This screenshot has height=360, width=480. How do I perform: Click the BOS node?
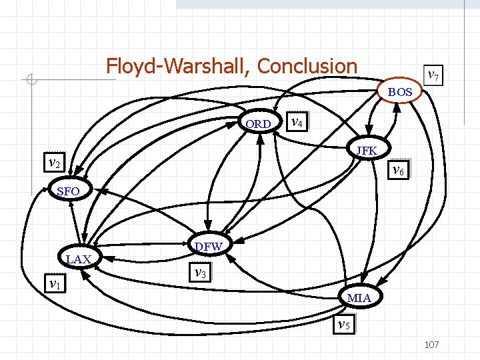click(401, 92)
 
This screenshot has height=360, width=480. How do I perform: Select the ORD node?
click(258, 124)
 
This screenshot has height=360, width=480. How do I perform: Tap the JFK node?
click(367, 151)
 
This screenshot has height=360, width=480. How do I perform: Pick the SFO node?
click(69, 192)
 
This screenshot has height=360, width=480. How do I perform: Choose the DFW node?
click(209, 247)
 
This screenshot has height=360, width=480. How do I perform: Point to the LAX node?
click(79, 259)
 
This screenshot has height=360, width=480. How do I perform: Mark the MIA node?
click(359, 297)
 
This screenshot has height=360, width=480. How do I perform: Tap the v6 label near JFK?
click(398, 169)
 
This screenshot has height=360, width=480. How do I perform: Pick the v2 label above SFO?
click(54, 162)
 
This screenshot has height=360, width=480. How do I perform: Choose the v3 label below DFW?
click(199, 272)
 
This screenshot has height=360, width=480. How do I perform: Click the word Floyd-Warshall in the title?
click(178, 66)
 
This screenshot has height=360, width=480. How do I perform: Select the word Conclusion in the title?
click(307, 66)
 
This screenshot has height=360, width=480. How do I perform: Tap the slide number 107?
click(431, 345)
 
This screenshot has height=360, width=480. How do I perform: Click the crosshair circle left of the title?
click(31, 81)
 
